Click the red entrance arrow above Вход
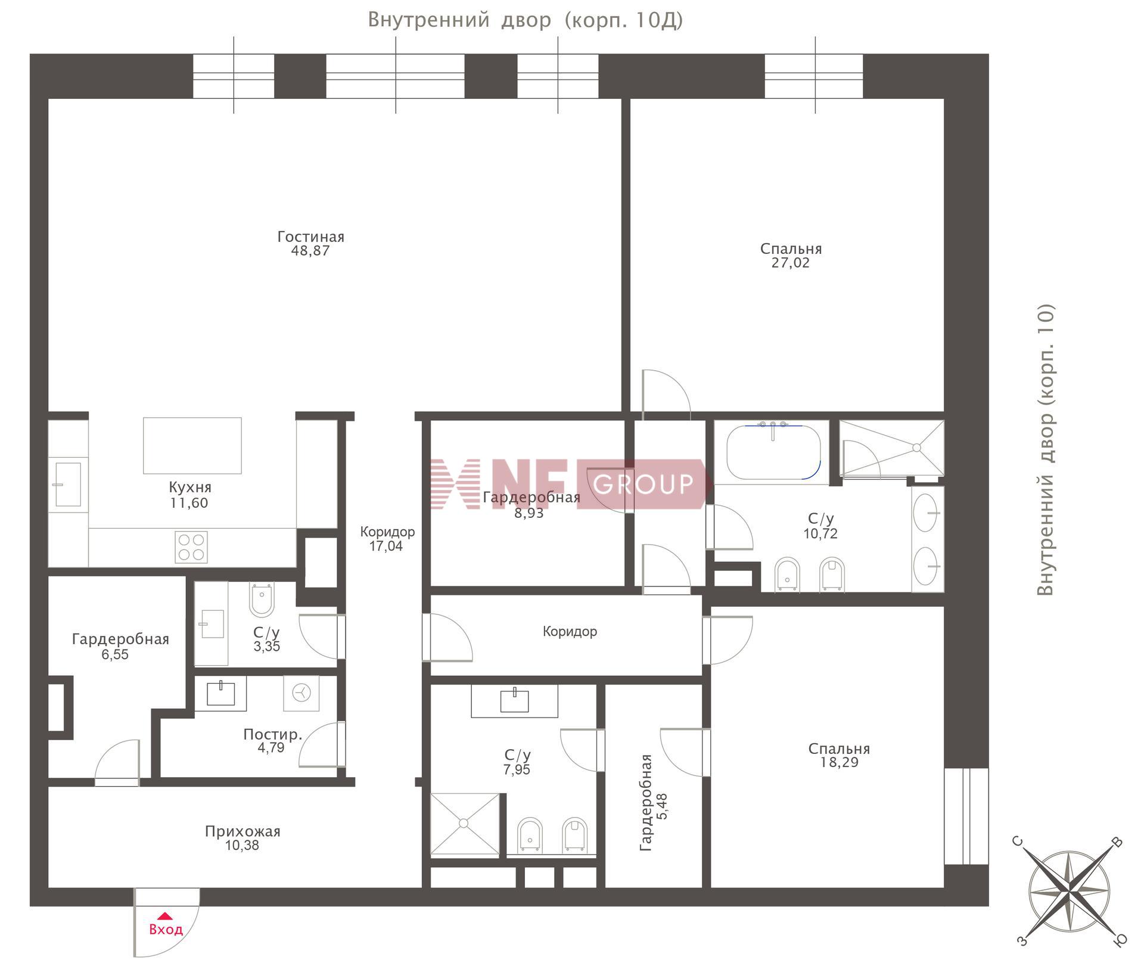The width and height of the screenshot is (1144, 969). click(x=165, y=916)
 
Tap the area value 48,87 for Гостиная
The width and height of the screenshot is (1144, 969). click(x=310, y=251)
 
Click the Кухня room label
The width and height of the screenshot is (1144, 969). click(x=190, y=487)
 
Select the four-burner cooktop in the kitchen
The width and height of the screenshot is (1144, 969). click(x=191, y=547)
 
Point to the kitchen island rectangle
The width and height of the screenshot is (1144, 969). click(x=192, y=446)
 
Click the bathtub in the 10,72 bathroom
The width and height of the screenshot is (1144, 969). click(x=773, y=452)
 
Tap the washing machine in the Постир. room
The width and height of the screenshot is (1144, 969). click(x=301, y=692)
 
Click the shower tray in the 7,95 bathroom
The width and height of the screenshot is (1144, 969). click(x=465, y=824)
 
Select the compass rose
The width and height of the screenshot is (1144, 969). click(x=1070, y=892)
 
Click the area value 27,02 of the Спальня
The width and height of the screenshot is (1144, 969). click(x=791, y=263)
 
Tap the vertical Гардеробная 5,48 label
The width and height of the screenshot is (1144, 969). click(x=654, y=803)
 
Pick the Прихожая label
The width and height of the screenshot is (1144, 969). click(x=243, y=831)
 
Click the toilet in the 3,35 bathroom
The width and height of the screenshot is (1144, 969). click(x=262, y=600)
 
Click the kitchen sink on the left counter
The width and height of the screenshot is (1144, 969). click(x=68, y=484)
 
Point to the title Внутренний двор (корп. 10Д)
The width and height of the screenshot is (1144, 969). click(x=525, y=20)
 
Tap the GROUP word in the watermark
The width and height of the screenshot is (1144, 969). click(x=643, y=484)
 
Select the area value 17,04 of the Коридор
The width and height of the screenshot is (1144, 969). click(x=386, y=546)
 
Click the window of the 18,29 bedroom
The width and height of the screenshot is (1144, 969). click(x=966, y=816)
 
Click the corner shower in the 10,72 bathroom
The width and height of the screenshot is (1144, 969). click(x=892, y=448)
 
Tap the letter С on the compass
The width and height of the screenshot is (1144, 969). click(x=1018, y=841)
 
